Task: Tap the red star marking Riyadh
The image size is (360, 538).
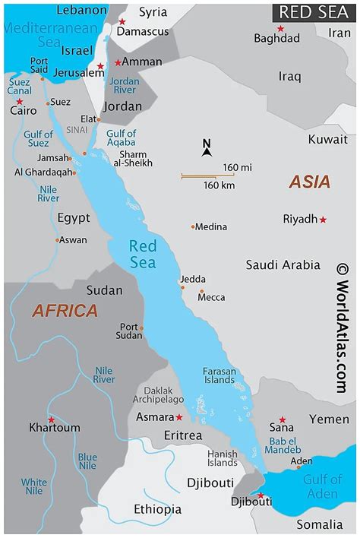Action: pyautogui.click(x=323, y=220)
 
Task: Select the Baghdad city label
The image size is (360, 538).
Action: pyautogui.click(x=278, y=38)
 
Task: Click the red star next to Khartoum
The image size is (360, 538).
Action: pyautogui.click(x=51, y=419)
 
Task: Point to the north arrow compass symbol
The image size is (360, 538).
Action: pyautogui.click(x=207, y=147)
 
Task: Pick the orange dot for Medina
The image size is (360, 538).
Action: pyautogui.click(x=194, y=226)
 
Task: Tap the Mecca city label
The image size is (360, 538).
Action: pyautogui.click(x=210, y=297)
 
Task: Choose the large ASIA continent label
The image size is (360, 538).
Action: pyautogui.click(x=309, y=182)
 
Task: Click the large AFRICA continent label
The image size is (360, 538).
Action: pyautogui.click(x=65, y=311)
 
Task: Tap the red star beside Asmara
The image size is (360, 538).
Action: pyautogui.click(x=179, y=417)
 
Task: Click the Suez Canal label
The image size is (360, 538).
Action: pyautogui.click(x=20, y=86)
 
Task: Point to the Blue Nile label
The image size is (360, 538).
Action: pyautogui.click(x=88, y=461)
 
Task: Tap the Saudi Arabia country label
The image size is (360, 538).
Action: pyautogui.click(x=283, y=265)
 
